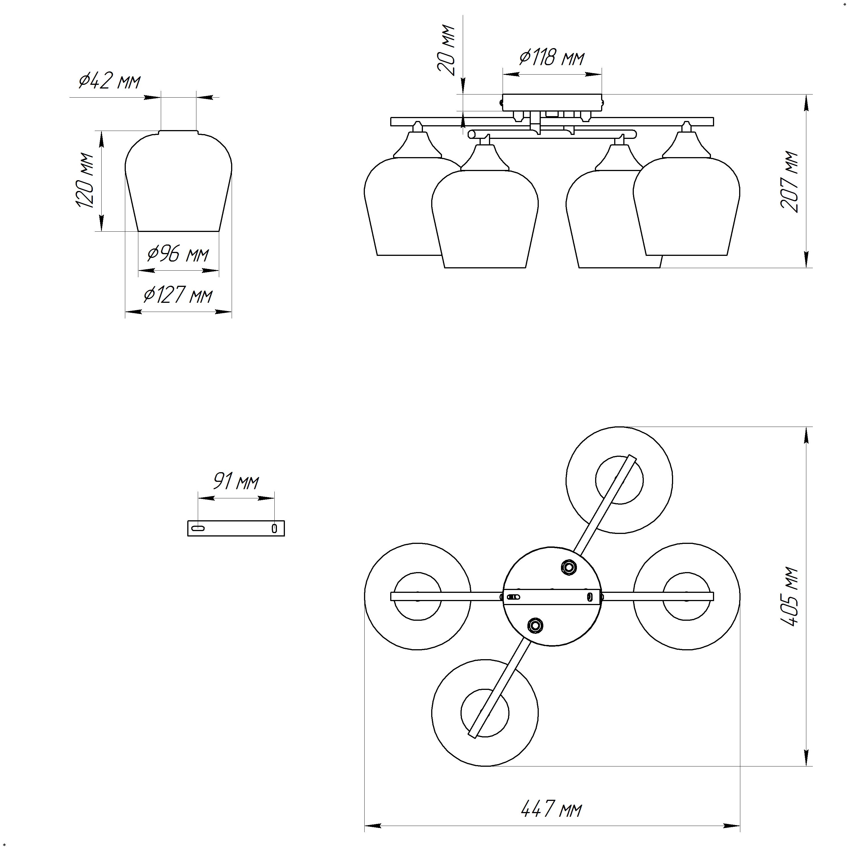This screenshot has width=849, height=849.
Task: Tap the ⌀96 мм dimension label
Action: click(x=178, y=254)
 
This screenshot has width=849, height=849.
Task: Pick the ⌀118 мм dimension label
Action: click(x=552, y=57)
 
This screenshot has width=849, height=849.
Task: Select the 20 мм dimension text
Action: click(x=446, y=51)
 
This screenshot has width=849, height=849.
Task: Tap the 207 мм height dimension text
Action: click(x=789, y=182)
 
